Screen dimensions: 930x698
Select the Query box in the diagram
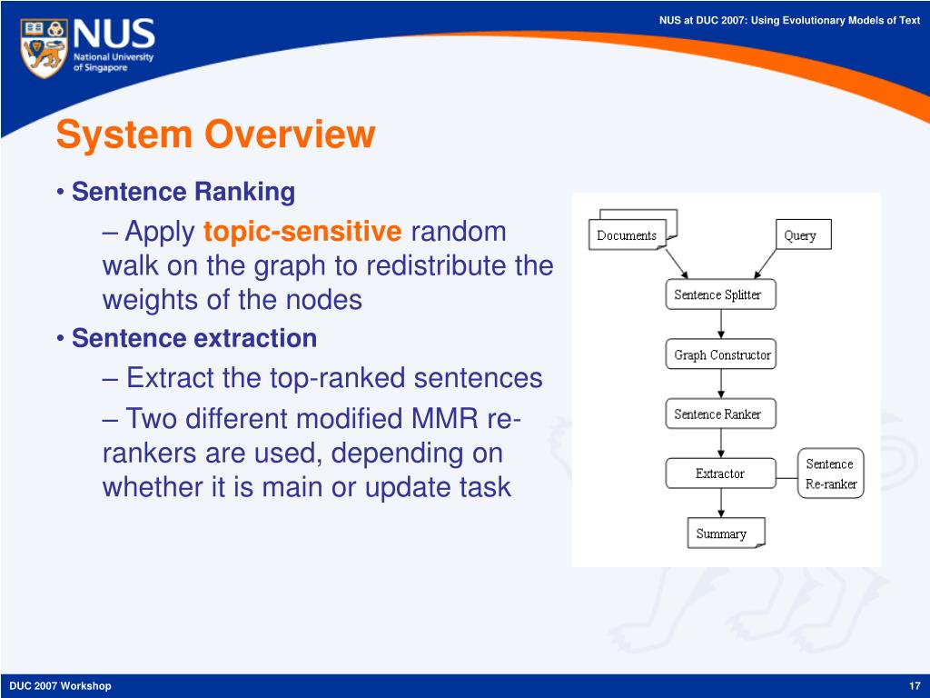tap(804, 234)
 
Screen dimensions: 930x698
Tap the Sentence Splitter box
tap(720, 294)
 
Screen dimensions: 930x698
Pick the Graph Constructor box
tap(720, 354)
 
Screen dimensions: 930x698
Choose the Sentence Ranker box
tap(720, 414)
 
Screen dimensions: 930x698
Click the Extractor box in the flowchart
tap(720, 473)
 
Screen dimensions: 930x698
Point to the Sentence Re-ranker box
tap(830, 473)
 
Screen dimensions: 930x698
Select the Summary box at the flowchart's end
tap(726, 533)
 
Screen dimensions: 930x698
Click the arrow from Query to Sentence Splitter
tap(765, 264)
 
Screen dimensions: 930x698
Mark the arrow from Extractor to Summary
tap(720, 504)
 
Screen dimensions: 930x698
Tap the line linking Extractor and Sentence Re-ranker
tap(787, 478)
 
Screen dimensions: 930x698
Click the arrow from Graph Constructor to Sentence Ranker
tap(720, 384)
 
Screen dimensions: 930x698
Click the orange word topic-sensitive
tap(302, 232)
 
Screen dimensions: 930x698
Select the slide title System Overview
tap(216, 135)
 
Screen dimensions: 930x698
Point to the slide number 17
tap(915, 686)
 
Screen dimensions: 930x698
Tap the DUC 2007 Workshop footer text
tap(61, 686)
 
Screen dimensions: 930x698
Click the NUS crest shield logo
tap(43, 47)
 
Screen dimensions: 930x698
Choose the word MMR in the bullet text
tap(445, 418)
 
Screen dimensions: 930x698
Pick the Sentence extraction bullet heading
tap(194, 338)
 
